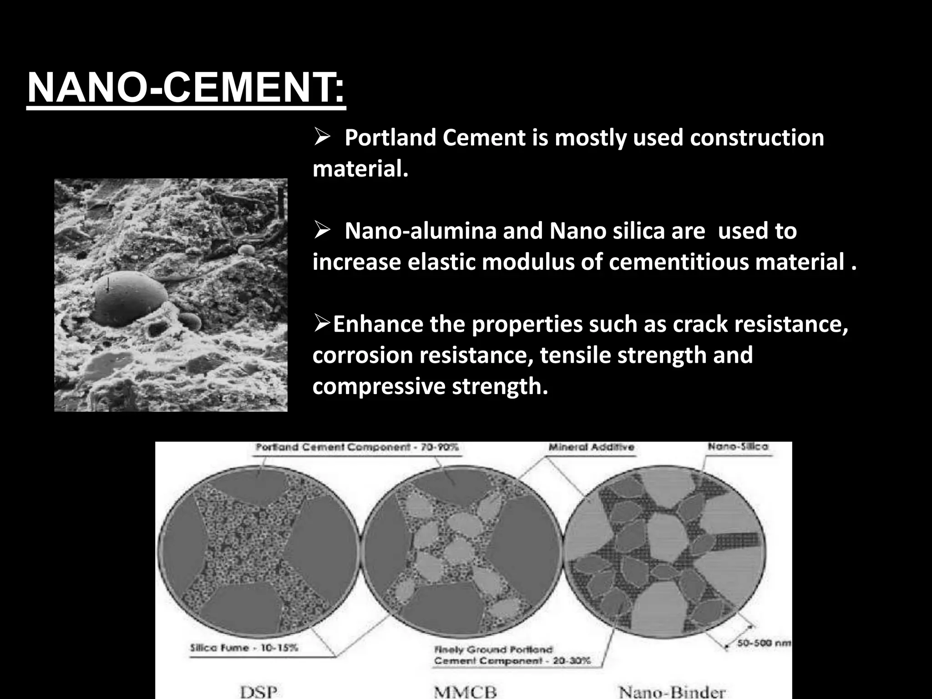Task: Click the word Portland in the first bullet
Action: tap(390, 137)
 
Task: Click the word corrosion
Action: tap(362, 355)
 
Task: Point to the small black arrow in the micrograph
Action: tap(108, 285)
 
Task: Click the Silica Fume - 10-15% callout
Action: tap(244, 647)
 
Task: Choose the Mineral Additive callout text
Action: tap(591, 447)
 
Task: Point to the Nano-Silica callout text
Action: tap(738, 447)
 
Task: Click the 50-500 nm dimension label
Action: tap(764, 643)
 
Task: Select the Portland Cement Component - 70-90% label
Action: tap(357, 447)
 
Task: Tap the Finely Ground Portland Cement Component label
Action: tap(512, 655)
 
